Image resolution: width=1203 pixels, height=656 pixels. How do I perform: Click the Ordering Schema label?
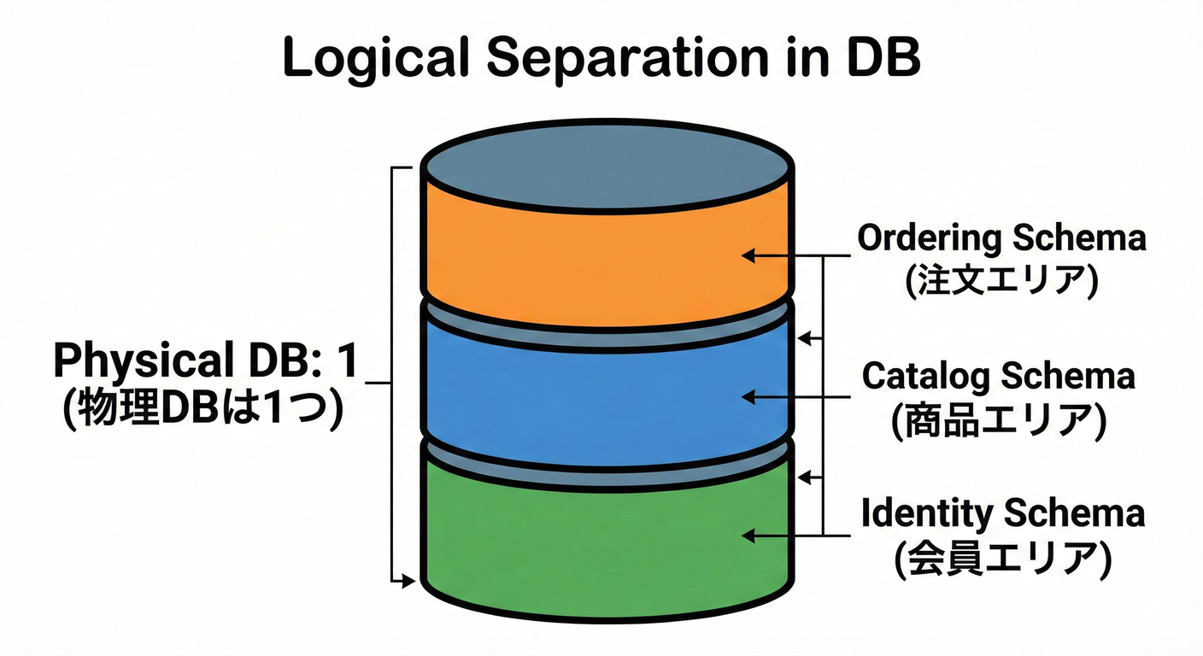pyautogui.click(x=1001, y=238)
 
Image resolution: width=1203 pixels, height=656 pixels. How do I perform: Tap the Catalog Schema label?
pyautogui.click(x=999, y=376)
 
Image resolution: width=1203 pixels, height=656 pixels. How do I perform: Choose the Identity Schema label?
pyautogui.click(x=1002, y=514)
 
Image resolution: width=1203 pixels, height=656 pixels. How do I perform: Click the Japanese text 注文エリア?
pyautogui.click(x=1001, y=283)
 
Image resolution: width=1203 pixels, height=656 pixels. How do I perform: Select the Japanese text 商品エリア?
pyautogui.click(x=999, y=421)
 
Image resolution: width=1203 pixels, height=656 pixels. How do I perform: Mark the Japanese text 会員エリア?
pyautogui.click(x=1002, y=559)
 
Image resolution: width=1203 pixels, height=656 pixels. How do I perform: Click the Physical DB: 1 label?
pyautogui.click(x=204, y=362)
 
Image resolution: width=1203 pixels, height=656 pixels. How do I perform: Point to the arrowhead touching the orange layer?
pyautogui.click(x=748, y=255)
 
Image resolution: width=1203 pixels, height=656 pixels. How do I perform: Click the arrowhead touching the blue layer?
pyautogui.click(x=748, y=396)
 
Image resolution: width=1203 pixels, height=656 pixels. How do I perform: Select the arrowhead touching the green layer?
pyautogui.click(x=748, y=536)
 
